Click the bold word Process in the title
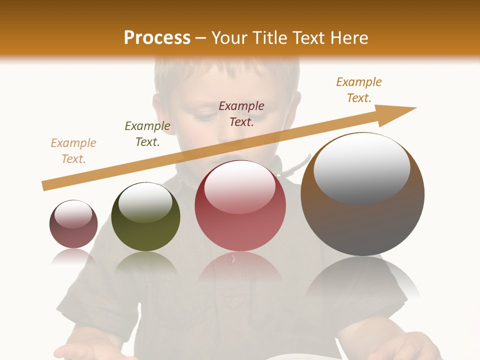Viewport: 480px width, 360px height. click(x=157, y=38)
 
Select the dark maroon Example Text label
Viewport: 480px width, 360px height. click(x=241, y=113)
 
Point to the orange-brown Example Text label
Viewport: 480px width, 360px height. click(x=359, y=90)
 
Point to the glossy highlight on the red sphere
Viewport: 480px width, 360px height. click(x=240, y=186)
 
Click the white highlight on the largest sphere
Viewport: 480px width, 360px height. click(x=361, y=167)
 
